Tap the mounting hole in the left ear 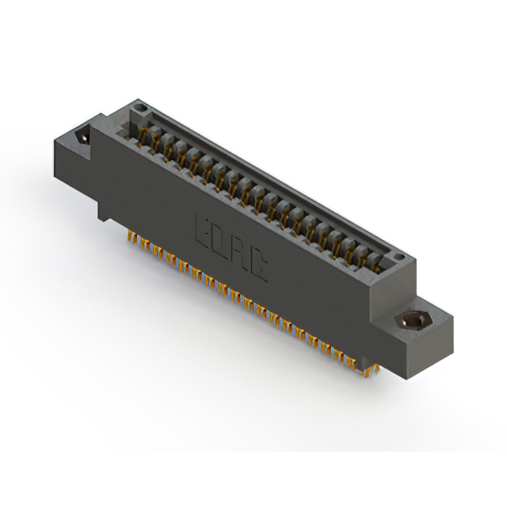click(x=82, y=139)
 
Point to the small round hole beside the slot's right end click(x=401, y=260)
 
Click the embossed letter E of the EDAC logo click(x=202, y=230)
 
